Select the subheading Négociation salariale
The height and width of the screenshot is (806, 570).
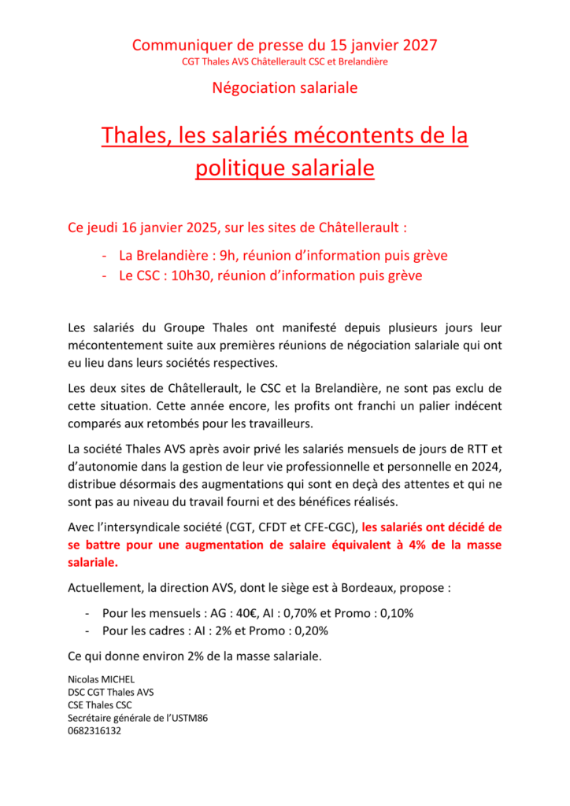coord(285,87)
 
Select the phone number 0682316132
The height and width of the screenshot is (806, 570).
coord(95,730)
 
